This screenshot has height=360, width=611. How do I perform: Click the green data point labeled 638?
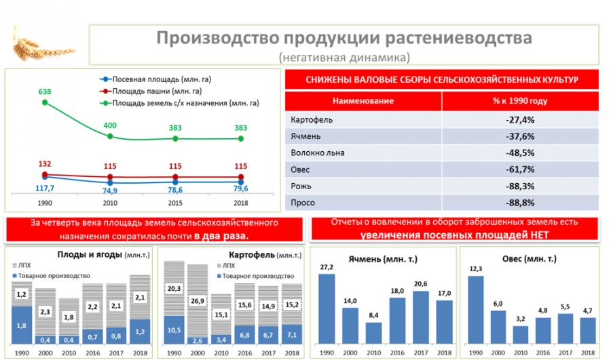(x=45, y=102)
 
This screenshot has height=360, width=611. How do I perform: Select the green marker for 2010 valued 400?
(x=110, y=136)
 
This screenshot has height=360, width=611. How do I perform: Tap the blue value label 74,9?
(x=110, y=191)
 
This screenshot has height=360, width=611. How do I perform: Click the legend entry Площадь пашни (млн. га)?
(x=151, y=91)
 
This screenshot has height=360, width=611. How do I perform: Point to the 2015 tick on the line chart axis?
(x=175, y=203)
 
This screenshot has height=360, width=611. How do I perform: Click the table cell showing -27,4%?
(x=520, y=120)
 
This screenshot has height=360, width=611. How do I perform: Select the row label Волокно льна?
(x=318, y=153)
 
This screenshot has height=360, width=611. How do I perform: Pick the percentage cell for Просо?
(x=520, y=203)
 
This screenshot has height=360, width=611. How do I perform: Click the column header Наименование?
(x=363, y=101)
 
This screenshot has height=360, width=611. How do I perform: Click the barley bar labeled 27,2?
(x=327, y=308)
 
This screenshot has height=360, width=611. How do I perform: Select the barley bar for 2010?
(x=373, y=333)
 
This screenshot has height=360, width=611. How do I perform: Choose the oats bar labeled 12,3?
(x=476, y=310)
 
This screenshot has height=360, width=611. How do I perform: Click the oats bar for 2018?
(x=588, y=330)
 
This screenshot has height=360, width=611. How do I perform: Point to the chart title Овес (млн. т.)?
(x=529, y=259)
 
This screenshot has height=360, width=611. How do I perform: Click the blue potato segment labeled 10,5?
(x=174, y=329)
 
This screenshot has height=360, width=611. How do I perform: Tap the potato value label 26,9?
(x=198, y=301)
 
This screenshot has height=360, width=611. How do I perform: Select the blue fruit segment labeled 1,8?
(x=22, y=325)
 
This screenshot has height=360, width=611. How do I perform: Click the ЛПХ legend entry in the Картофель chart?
(x=226, y=266)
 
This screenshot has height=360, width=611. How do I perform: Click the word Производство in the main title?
(x=218, y=38)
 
